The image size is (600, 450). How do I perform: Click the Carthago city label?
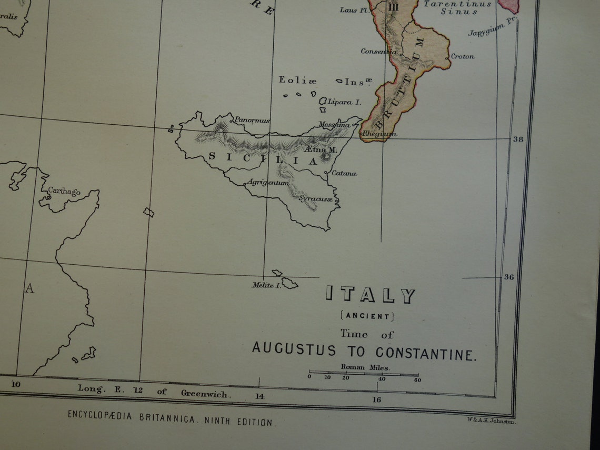click(64, 192)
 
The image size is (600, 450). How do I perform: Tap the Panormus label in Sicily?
click(252, 120)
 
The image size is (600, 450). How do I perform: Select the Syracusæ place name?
click(316, 199)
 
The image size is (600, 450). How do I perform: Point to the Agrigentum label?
click(268, 183)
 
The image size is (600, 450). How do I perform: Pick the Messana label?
click(334, 125)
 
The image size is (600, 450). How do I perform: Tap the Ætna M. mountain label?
click(321, 150)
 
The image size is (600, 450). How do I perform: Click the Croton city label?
click(463, 56)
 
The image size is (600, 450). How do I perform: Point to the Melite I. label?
click(263, 285)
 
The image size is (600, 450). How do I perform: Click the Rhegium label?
click(379, 134)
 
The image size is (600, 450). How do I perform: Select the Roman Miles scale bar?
click(364, 375)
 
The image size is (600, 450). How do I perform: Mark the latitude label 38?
click(518, 139)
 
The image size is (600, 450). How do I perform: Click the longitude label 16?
click(377, 400)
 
